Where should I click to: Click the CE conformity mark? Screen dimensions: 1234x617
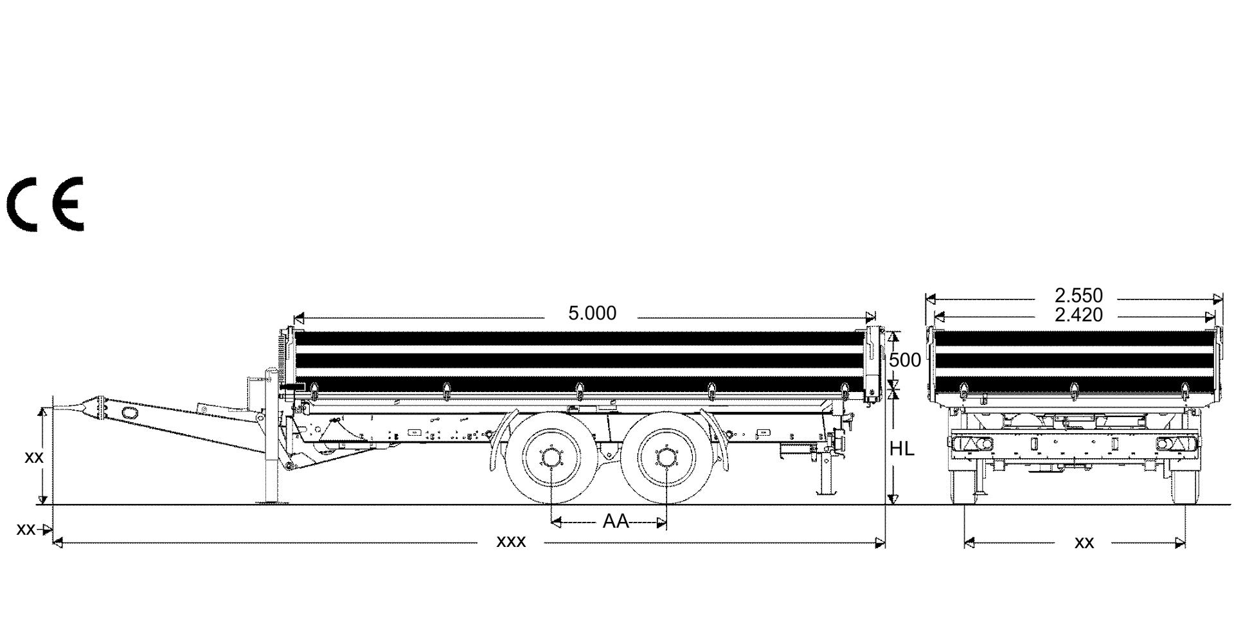pyautogui.click(x=45, y=204)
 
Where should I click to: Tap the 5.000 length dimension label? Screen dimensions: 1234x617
pyautogui.click(x=592, y=314)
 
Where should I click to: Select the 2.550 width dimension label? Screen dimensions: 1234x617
pyautogui.click(x=1078, y=296)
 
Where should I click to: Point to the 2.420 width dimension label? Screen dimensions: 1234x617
pyautogui.click(x=1078, y=315)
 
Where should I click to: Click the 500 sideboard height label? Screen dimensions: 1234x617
pyautogui.click(x=905, y=361)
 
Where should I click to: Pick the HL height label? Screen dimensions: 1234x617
pyautogui.click(x=902, y=449)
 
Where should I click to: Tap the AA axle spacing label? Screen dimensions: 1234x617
pyautogui.click(x=616, y=521)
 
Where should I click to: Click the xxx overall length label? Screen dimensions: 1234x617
pyautogui.click(x=511, y=542)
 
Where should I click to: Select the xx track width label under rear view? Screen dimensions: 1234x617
pyautogui.click(x=1084, y=543)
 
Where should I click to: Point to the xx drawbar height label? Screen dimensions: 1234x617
pyautogui.click(x=33, y=458)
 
